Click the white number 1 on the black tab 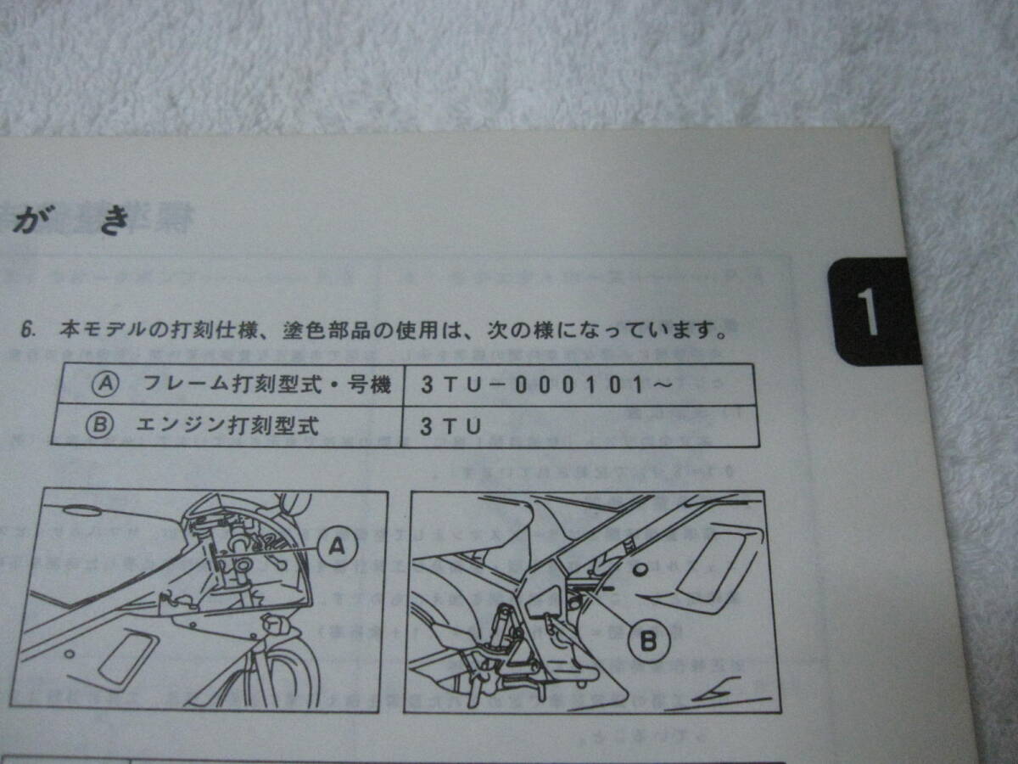[868, 312]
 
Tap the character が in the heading [29, 222]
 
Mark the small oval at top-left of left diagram [78, 510]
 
